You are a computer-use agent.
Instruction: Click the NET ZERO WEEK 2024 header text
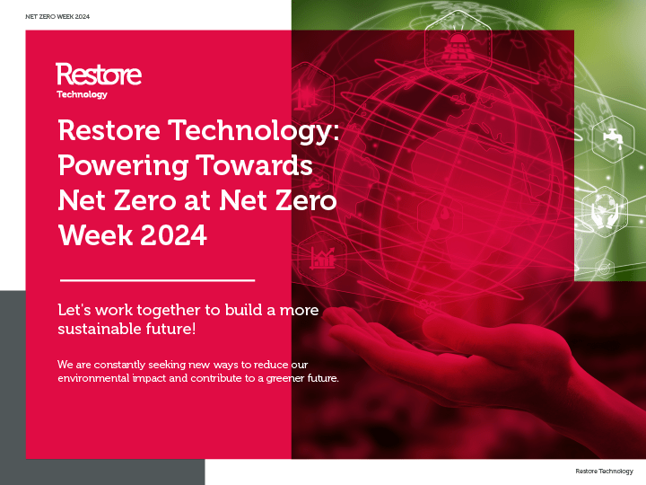57,16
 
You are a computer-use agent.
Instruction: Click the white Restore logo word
99,75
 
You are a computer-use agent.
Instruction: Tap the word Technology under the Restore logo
82,94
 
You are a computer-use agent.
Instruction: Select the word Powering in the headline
123,166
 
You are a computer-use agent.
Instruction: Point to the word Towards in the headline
254,165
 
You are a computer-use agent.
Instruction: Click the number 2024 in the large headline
174,235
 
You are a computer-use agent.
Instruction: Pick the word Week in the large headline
96,235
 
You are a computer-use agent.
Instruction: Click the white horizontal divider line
157,280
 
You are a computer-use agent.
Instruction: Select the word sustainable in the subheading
100,329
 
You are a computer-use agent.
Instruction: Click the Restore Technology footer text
604,471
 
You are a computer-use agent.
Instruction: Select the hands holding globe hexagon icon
605,211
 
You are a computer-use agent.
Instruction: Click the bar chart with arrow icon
322,259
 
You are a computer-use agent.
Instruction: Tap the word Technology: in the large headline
254,131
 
